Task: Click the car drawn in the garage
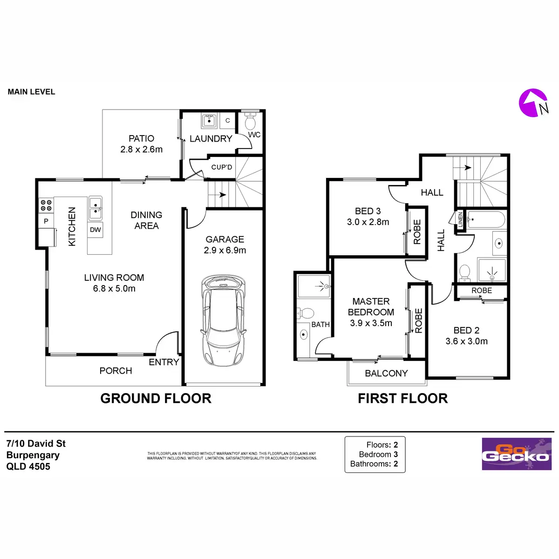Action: [x=223, y=321]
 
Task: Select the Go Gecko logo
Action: [x=516, y=454]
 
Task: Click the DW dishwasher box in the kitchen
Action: [x=95, y=230]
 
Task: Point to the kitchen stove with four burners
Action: [x=46, y=205]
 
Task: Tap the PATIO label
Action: [x=141, y=138]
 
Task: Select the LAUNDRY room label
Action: [x=211, y=139]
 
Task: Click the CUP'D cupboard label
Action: [x=221, y=167]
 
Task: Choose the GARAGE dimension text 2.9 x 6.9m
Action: [x=225, y=250]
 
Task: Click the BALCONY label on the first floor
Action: [x=386, y=373]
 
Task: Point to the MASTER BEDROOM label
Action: [x=371, y=307]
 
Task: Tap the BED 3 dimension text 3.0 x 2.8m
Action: [x=368, y=222]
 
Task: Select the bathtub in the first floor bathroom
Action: [x=485, y=220]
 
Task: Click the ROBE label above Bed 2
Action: [x=481, y=290]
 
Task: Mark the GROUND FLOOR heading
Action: [x=156, y=398]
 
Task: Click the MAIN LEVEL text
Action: [x=31, y=92]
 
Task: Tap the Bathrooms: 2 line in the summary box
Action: [x=374, y=464]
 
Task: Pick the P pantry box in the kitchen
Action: [x=46, y=221]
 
